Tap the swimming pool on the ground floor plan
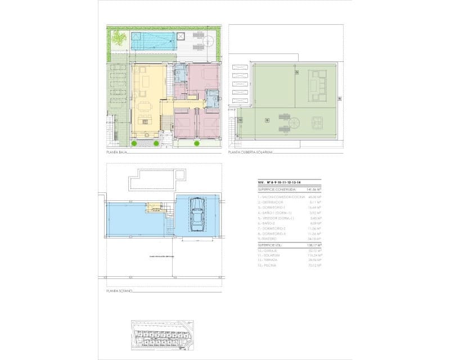coord(152,41)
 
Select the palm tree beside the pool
coord(119,38)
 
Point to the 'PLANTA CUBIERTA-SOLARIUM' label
coord(250,152)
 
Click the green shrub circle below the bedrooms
coord(197,143)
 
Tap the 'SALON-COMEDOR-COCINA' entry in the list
coord(281,197)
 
